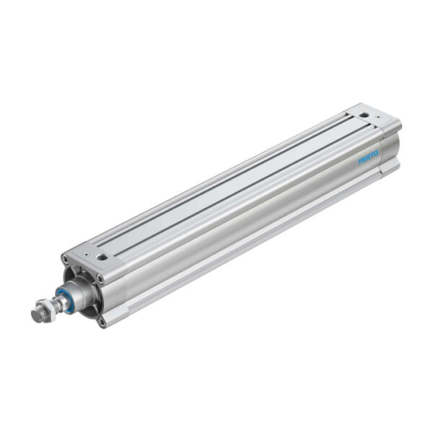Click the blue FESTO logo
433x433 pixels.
tap(368, 157)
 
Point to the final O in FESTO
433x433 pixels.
tap(376, 153)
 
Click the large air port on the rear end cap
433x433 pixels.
tap(365, 114)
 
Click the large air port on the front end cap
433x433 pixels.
tap(102, 255)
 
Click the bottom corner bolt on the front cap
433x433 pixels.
tap(102, 322)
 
